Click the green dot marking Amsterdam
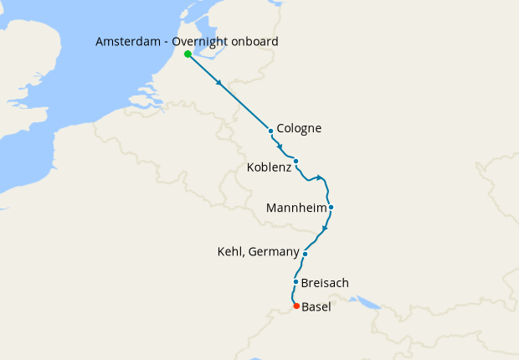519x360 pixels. click(x=188, y=54)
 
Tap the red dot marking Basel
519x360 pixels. click(x=296, y=306)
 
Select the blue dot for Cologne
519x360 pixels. click(x=271, y=131)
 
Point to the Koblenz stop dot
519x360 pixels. click(x=296, y=161)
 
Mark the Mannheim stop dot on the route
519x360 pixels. click(x=331, y=207)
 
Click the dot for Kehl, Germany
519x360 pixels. click(x=306, y=254)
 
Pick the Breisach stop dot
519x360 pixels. click(x=296, y=282)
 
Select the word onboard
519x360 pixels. click(x=256, y=42)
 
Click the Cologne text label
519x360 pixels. click(x=299, y=129)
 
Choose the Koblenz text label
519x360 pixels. click(x=270, y=167)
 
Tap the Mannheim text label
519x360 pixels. click(x=295, y=207)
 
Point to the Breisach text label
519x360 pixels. click(x=325, y=283)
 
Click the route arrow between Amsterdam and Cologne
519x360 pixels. click(x=220, y=84)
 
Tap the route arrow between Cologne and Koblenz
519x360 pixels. click(x=280, y=147)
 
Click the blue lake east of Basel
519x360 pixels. click(x=365, y=300)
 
